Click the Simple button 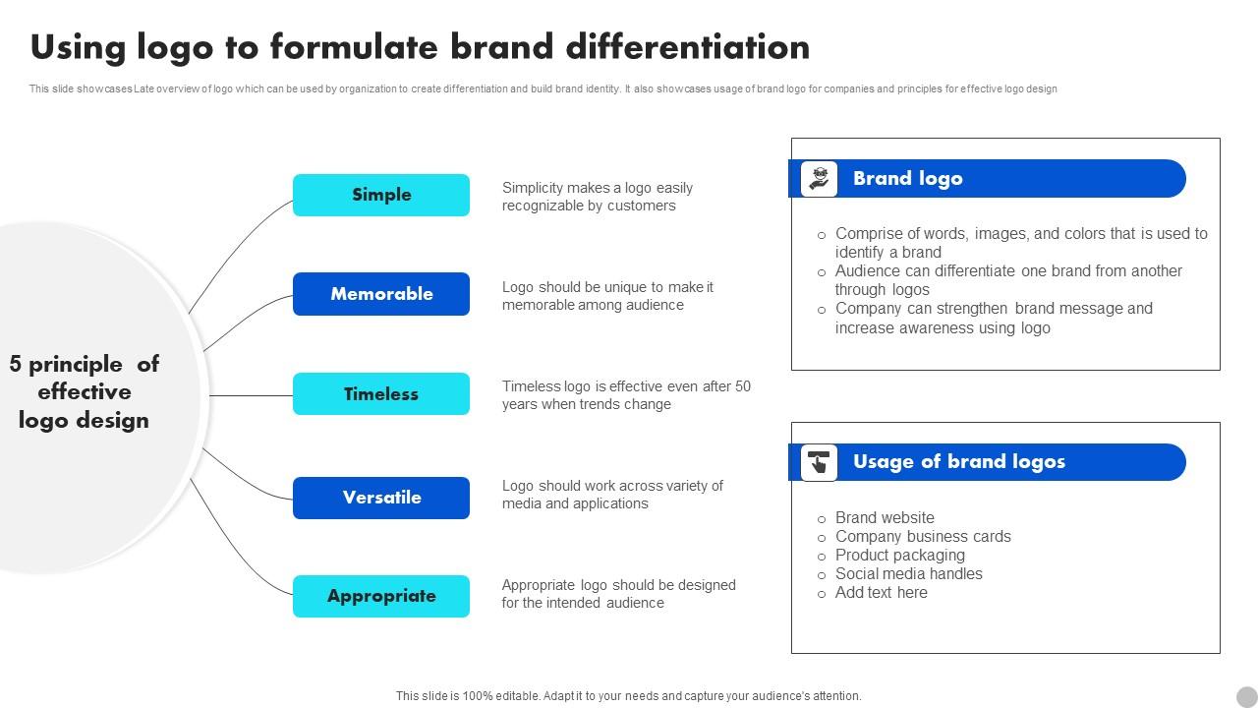(381, 195)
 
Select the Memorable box (381, 294)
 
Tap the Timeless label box (381, 394)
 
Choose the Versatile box (381, 498)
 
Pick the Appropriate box (381, 596)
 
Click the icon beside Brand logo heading (819, 179)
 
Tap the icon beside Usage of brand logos (819, 462)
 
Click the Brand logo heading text (907, 179)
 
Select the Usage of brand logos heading (958, 462)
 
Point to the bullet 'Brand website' (885, 518)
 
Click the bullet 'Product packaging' (899, 556)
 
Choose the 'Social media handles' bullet (908, 574)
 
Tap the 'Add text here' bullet (881, 593)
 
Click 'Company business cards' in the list (922, 537)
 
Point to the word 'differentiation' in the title (687, 47)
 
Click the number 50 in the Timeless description (742, 386)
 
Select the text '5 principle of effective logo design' (85, 392)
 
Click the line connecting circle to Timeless (251, 395)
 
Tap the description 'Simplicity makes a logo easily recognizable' (597, 197)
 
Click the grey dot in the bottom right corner (1246, 696)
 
